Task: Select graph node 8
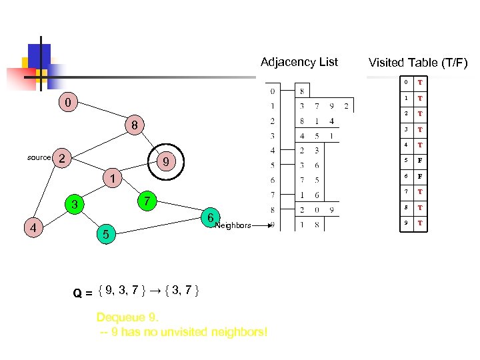click(134, 125)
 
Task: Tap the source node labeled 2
click(61, 158)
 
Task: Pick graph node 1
click(114, 179)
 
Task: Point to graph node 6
click(209, 218)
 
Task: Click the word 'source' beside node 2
click(39, 158)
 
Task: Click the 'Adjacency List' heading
click(299, 62)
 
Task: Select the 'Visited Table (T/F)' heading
click(418, 63)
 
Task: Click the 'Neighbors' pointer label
click(233, 225)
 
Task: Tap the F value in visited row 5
click(420, 161)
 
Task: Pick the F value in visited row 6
click(420, 177)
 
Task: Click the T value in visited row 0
click(420, 83)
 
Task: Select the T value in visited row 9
click(420, 223)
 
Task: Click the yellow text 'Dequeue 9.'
click(127, 317)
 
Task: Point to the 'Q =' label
click(83, 291)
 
